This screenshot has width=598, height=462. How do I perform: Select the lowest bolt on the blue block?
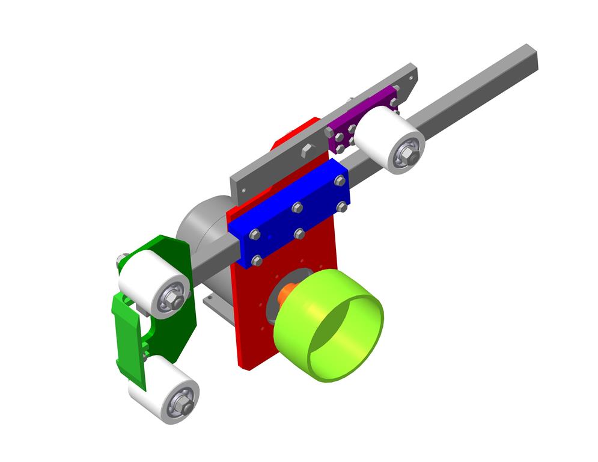pyautogui.click(x=257, y=260)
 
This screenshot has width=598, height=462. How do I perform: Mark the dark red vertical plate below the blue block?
pyautogui.click(x=252, y=319)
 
